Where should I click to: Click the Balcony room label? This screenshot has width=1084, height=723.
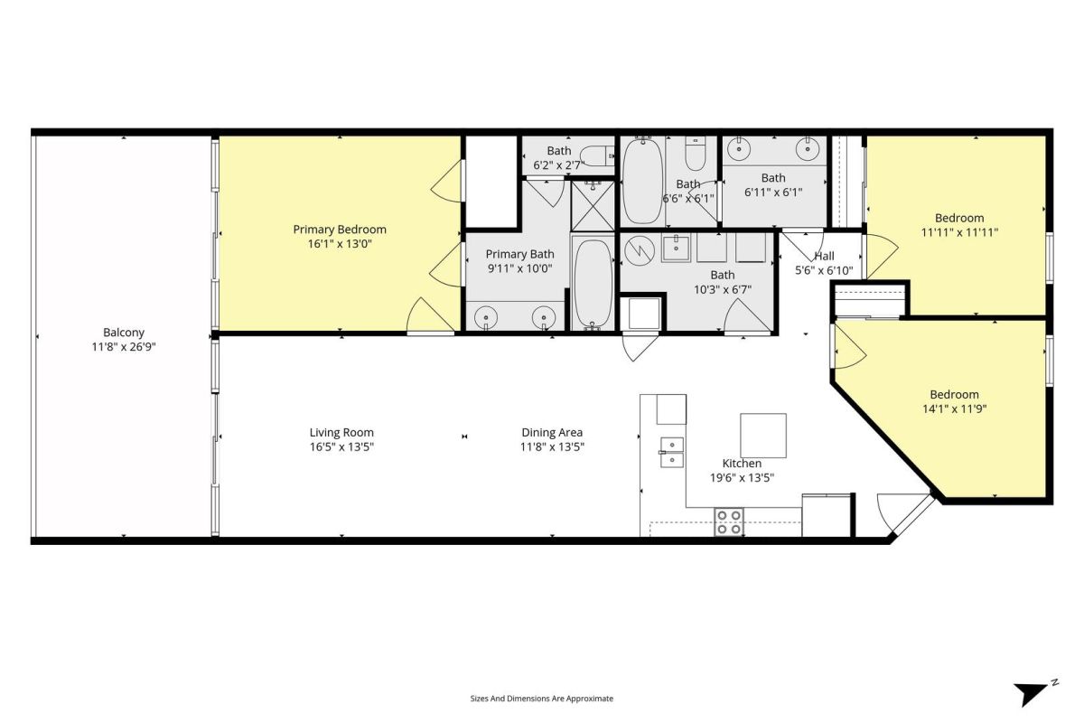pos(124,333)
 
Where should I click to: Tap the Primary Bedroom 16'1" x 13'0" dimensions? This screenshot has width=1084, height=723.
pos(340,244)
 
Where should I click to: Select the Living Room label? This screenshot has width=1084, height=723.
pos(341,432)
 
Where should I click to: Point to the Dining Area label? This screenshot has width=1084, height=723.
pos(552,432)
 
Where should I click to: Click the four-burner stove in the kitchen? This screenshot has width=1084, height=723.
pos(729,522)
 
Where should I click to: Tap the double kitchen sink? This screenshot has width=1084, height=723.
pos(672,452)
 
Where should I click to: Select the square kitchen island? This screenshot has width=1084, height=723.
pos(763,436)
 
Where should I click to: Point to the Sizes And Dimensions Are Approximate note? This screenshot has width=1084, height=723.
pos(541,699)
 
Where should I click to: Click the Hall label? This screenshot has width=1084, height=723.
pos(824,256)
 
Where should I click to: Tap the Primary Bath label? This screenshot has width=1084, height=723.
pos(519,254)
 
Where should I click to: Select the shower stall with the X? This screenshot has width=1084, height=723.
pos(593,206)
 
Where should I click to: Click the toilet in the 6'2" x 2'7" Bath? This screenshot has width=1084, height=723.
pos(597,156)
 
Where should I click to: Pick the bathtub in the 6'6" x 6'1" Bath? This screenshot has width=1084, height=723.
pos(642,181)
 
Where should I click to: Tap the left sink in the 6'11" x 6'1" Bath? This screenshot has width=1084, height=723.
pos(739,149)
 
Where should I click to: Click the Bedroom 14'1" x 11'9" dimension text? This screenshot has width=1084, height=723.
pos(954,408)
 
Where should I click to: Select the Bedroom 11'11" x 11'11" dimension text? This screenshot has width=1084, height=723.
pos(959,232)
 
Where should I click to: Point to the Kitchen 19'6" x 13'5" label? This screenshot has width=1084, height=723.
pos(742,471)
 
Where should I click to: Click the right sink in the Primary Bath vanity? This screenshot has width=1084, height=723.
pos(544,318)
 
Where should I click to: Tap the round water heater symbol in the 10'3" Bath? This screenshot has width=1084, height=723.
pos(640,251)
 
